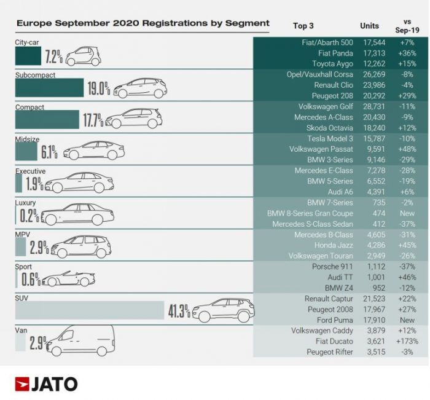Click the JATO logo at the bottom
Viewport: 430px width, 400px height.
(x=47, y=384)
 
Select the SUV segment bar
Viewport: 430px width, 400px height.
(x=89, y=310)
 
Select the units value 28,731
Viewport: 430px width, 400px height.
(x=370, y=106)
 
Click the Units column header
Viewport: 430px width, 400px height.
(x=370, y=26)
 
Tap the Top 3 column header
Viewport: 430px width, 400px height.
(x=303, y=26)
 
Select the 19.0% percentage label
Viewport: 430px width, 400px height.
(x=98, y=88)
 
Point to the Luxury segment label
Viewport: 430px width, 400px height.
(x=26, y=202)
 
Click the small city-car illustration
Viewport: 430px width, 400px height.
(x=83, y=57)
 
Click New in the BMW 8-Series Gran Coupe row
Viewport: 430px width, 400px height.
(x=406, y=213)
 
